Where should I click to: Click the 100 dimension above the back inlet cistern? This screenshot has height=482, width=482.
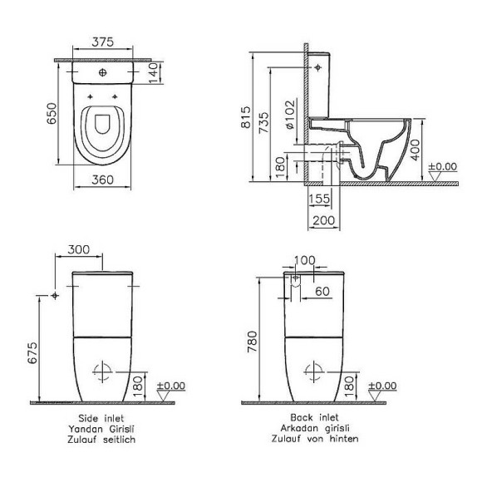tap(304, 261)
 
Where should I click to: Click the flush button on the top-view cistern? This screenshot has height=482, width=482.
tap(102, 73)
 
